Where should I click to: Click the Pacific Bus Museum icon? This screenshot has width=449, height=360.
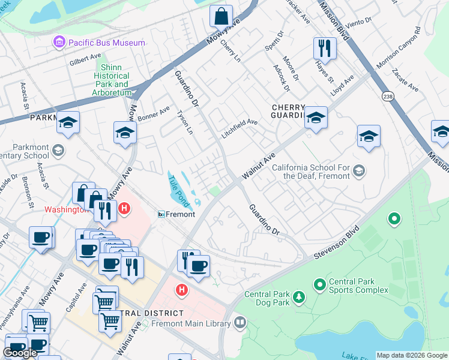(59, 43)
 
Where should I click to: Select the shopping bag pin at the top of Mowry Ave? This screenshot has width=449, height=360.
(221, 16)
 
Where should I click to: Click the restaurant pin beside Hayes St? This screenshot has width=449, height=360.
(325, 48)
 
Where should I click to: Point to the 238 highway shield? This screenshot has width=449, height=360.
(387, 95)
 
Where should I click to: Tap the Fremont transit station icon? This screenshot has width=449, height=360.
(161, 214)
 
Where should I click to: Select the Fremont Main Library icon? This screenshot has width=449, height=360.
(240, 324)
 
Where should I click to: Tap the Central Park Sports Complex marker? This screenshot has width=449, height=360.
(319, 283)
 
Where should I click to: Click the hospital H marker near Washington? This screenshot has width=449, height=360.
(124, 209)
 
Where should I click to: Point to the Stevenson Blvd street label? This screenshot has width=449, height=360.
(336, 244)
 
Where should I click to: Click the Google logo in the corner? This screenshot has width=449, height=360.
(20, 353)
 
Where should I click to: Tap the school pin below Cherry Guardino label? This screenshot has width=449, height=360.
(315, 119)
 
